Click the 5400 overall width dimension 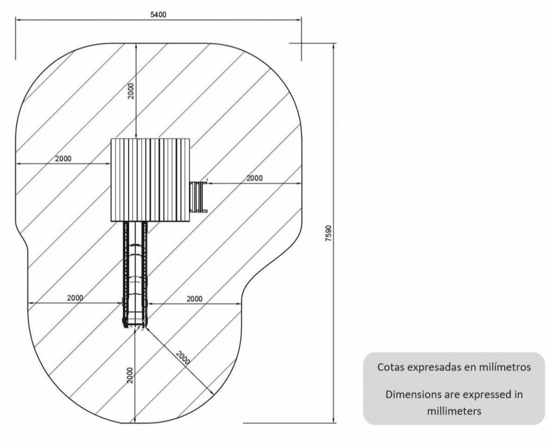pyautogui.click(x=158, y=15)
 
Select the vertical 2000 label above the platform pyautogui.click(x=131, y=91)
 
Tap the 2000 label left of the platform pyautogui.click(x=63, y=159)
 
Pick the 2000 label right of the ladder pyautogui.click(x=255, y=178)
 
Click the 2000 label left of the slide pyautogui.click(x=75, y=298)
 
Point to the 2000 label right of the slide pyautogui.click(x=194, y=298)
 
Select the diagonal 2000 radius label pyautogui.click(x=183, y=357)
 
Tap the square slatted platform pyautogui.click(x=151, y=180)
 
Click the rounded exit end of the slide pyautogui.click(x=135, y=323)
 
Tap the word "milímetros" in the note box pyautogui.click(x=506, y=368)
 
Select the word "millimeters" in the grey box pyautogui.click(x=454, y=410)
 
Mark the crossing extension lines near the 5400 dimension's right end pyautogui.click(x=301, y=43)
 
